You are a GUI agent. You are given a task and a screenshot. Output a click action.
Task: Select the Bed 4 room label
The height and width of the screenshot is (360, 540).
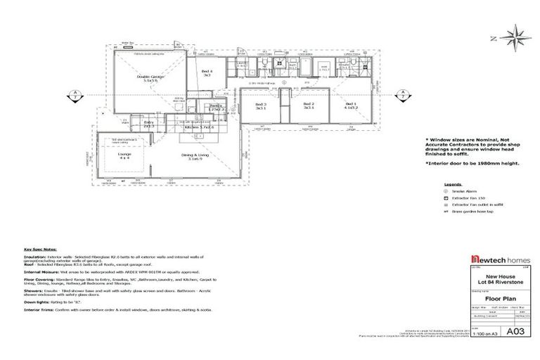(x=207, y=73)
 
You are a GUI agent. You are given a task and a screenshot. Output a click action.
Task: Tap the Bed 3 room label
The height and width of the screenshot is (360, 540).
(x=261, y=106)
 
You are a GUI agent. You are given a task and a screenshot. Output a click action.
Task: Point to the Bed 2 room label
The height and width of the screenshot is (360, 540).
(x=308, y=106)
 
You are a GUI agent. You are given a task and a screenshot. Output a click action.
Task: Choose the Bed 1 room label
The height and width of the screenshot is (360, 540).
(x=351, y=106)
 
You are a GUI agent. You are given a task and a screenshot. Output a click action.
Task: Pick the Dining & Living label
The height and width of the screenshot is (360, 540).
(x=195, y=157)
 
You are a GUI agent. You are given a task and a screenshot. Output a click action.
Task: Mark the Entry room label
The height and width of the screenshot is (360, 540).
(x=148, y=124)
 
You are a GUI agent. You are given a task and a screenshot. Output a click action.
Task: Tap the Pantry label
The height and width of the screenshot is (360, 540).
(x=217, y=108)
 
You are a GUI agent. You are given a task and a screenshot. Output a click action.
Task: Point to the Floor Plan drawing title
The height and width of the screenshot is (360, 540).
(x=493, y=297)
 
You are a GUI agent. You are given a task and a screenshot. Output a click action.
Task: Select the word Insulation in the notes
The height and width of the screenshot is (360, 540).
(x=36, y=257)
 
